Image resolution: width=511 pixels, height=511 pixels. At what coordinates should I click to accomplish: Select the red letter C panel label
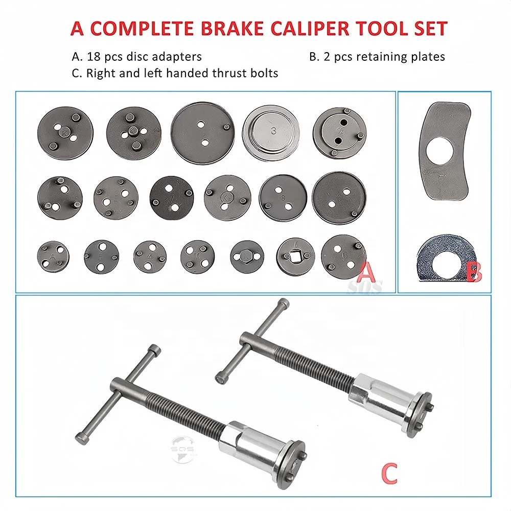pyautogui.click(x=389, y=472)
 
